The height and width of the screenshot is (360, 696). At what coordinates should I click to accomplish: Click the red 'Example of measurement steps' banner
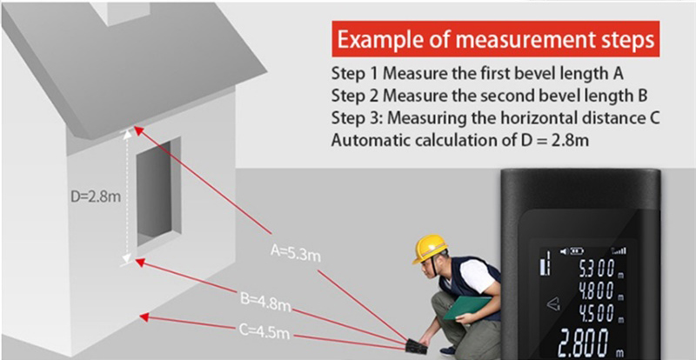pyautogui.click(x=495, y=39)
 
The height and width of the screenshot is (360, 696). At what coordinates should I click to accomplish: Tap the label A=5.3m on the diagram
pyautogui.click(x=295, y=252)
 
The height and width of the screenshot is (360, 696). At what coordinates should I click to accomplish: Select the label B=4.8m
pyautogui.click(x=265, y=301)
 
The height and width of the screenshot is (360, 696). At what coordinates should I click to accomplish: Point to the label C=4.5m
pyautogui.click(x=264, y=330)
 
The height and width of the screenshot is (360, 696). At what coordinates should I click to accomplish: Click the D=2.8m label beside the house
pyautogui.click(x=96, y=197)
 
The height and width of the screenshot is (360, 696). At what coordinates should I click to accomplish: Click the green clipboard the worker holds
pyautogui.click(x=466, y=307)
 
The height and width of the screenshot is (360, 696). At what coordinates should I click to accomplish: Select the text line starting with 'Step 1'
pyautogui.click(x=477, y=73)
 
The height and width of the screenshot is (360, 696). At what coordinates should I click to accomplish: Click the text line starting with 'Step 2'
pyautogui.click(x=489, y=96)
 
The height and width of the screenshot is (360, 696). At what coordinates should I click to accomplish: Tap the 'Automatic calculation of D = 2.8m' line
pyautogui.click(x=460, y=140)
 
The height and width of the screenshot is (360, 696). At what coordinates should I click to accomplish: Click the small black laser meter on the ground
pyautogui.click(x=417, y=346)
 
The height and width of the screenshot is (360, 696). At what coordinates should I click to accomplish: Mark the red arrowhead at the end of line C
pyautogui.click(x=144, y=317)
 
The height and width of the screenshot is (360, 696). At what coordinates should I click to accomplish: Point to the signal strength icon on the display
pyautogui.click(x=619, y=250)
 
